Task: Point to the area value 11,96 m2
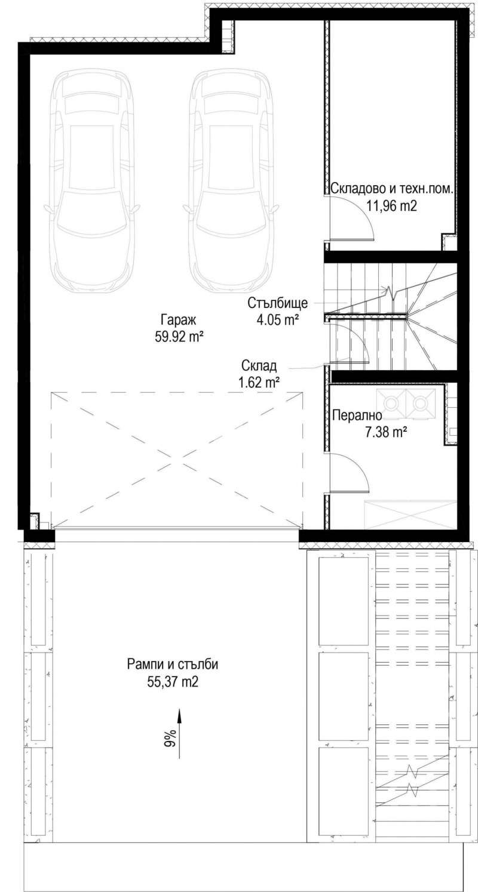tap(391, 206)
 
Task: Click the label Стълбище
tap(277, 303)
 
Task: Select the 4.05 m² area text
tap(277, 319)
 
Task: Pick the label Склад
tap(259, 365)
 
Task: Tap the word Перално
tap(357, 416)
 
